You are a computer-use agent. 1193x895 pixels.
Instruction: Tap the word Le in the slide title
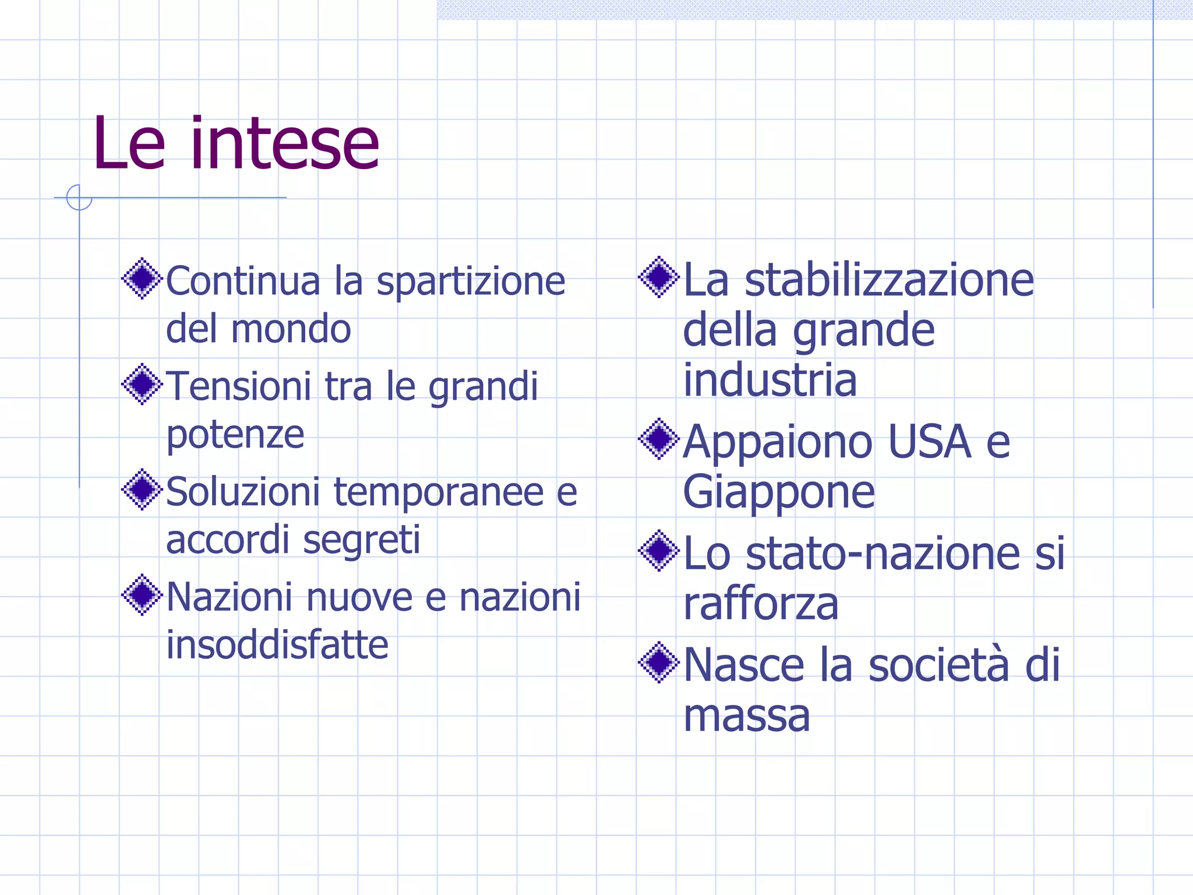pyautogui.click(x=129, y=143)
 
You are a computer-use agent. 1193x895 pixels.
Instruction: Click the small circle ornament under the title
pyautogui.click(x=79, y=198)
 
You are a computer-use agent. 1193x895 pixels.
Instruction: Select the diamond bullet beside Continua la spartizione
pyautogui.click(x=142, y=279)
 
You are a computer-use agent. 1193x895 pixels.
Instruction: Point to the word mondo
pyautogui.click(x=291, y=329)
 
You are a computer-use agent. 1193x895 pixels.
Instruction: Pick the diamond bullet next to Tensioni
pyautogui.click(x=142, y=384)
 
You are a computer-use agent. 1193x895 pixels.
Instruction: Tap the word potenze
pyautogui.click(x=235, y=435)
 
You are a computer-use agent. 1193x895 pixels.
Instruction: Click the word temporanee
pyautogui.click(x=438, y=492)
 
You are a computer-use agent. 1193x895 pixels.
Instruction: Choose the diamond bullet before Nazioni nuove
pyautogui.click(x=142, y=595)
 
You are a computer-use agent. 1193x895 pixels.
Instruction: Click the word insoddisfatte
pyautogui.click(x=277, y=645)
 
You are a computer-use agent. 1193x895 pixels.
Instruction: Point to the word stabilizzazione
pyautogui.click(x=889, y=280)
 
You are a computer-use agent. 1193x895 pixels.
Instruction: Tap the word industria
pyautogui.click(x=770, y=380)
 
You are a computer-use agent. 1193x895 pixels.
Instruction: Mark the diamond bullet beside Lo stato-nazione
pyautogui.click(x=659, y=551)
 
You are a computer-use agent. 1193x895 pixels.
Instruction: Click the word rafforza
pyautogui.click(x=761, y=604)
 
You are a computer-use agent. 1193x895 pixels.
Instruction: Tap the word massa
pyautogui.click(x=746, y=716)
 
